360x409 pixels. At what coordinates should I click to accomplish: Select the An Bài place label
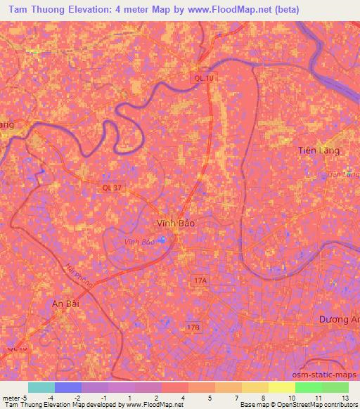click(68, 303)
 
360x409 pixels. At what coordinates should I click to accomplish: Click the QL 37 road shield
click(111, 187)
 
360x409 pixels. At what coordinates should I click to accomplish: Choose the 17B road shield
click(194, 327)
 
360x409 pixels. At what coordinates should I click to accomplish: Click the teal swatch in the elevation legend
click(41, 387)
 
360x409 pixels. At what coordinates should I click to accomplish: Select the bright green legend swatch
click(308, 387)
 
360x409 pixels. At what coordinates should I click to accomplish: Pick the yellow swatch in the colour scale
click(281, 387)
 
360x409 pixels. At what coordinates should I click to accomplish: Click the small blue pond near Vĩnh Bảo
click(162, 240)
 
